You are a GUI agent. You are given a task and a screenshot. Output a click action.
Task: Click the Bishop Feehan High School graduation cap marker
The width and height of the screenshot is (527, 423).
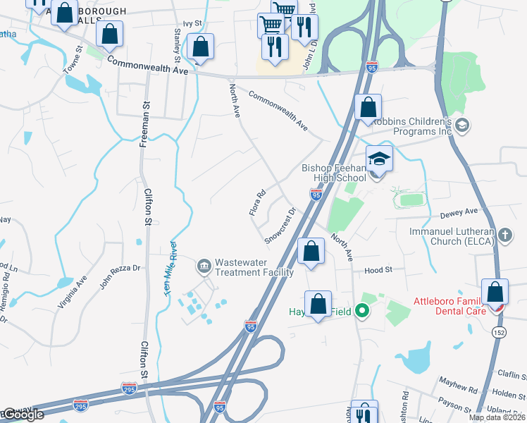378,159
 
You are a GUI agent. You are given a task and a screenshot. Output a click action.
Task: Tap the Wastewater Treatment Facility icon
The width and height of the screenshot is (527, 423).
204,266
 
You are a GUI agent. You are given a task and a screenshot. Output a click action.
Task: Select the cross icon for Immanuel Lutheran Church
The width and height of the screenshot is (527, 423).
504,234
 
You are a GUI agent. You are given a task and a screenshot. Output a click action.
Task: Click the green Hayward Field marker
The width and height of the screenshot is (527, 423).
362,309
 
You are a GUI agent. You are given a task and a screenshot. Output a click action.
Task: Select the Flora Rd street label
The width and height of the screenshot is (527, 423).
256,202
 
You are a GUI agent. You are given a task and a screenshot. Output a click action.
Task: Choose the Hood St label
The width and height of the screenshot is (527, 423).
378,270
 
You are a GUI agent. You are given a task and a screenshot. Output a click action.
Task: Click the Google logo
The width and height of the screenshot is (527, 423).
21,415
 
